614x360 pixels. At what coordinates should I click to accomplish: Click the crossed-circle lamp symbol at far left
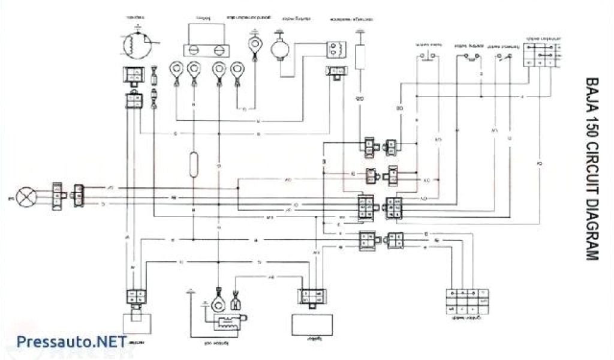pyautogui.click(x=26, y=196)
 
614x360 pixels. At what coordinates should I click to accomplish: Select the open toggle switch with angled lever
pyautogui.click(x=502, y=57)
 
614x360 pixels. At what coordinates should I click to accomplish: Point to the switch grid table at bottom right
pyautogui.click(x=466, y=299)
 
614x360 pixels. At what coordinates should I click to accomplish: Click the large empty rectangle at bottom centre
pyautogui.click(x=308, y=325)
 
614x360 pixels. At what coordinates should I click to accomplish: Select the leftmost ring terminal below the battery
pyautogui.click(x=177, y=71)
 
